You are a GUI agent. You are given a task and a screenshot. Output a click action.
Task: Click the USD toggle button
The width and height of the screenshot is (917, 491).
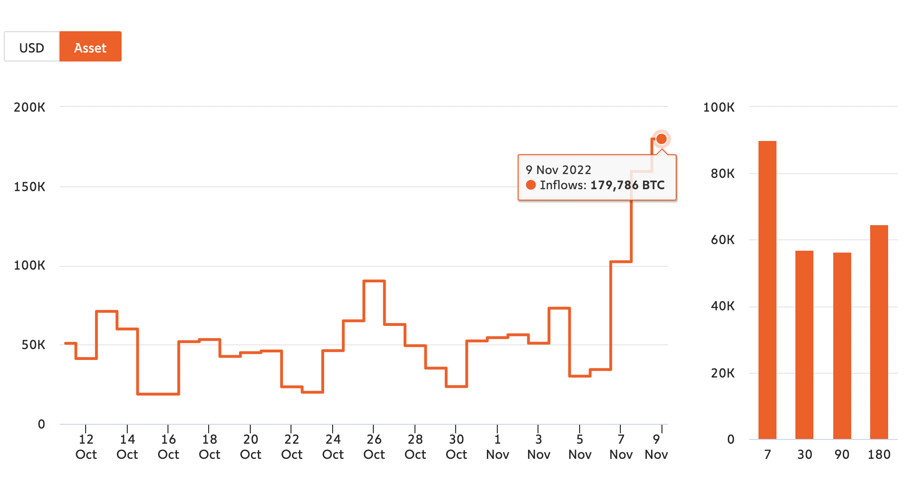coord(32,46)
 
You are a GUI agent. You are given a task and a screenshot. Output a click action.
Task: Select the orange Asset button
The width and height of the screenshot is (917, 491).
coord(90,46)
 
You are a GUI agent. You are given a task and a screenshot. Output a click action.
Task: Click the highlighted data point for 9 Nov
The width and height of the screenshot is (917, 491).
coord(661,139)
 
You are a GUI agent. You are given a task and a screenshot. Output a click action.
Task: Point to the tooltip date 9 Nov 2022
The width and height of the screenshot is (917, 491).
coord(558,170)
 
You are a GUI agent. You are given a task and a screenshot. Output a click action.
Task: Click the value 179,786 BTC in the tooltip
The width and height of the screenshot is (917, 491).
coord(627,185)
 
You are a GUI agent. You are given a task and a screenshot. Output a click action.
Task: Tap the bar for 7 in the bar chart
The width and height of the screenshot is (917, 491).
coord(767,290)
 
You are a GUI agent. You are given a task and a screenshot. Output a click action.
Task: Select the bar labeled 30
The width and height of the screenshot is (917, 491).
coord(804,345)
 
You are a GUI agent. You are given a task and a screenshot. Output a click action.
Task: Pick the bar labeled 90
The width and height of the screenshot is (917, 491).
coord(842,346)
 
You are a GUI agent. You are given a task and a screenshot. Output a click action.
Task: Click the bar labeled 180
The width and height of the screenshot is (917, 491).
coord(879,332)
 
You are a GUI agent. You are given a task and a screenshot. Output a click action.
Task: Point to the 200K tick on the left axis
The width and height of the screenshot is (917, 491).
coord(30,107)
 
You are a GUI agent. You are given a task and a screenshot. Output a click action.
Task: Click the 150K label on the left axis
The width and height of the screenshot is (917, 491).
coord(30,186)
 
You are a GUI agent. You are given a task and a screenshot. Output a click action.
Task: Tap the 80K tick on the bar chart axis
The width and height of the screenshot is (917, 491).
coord(723,173)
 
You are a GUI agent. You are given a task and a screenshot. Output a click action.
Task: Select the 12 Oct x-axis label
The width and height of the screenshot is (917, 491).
coord(86,447)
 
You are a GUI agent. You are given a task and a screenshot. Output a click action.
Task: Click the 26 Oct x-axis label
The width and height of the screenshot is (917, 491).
coord(374,447)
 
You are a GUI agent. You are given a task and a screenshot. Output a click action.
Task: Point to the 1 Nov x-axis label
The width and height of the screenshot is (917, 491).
coord(497,447)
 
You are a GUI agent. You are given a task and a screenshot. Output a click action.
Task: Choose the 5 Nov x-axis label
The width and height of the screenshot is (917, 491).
coord(580,447)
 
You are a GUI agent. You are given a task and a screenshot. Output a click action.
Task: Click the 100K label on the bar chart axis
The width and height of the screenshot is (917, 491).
coord(719,107)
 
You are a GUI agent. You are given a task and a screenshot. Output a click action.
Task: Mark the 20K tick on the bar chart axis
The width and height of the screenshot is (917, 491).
coord(723,373)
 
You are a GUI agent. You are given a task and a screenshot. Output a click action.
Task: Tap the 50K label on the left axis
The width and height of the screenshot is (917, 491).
coord(34,344)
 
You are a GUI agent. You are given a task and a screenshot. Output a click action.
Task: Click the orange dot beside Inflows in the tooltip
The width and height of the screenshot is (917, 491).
coord(531,185)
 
